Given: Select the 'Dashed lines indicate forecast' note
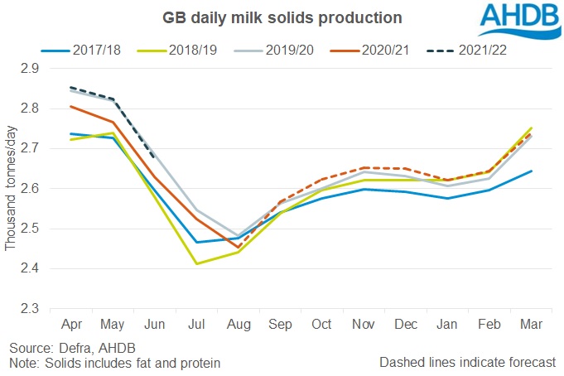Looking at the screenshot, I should [468, 363].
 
